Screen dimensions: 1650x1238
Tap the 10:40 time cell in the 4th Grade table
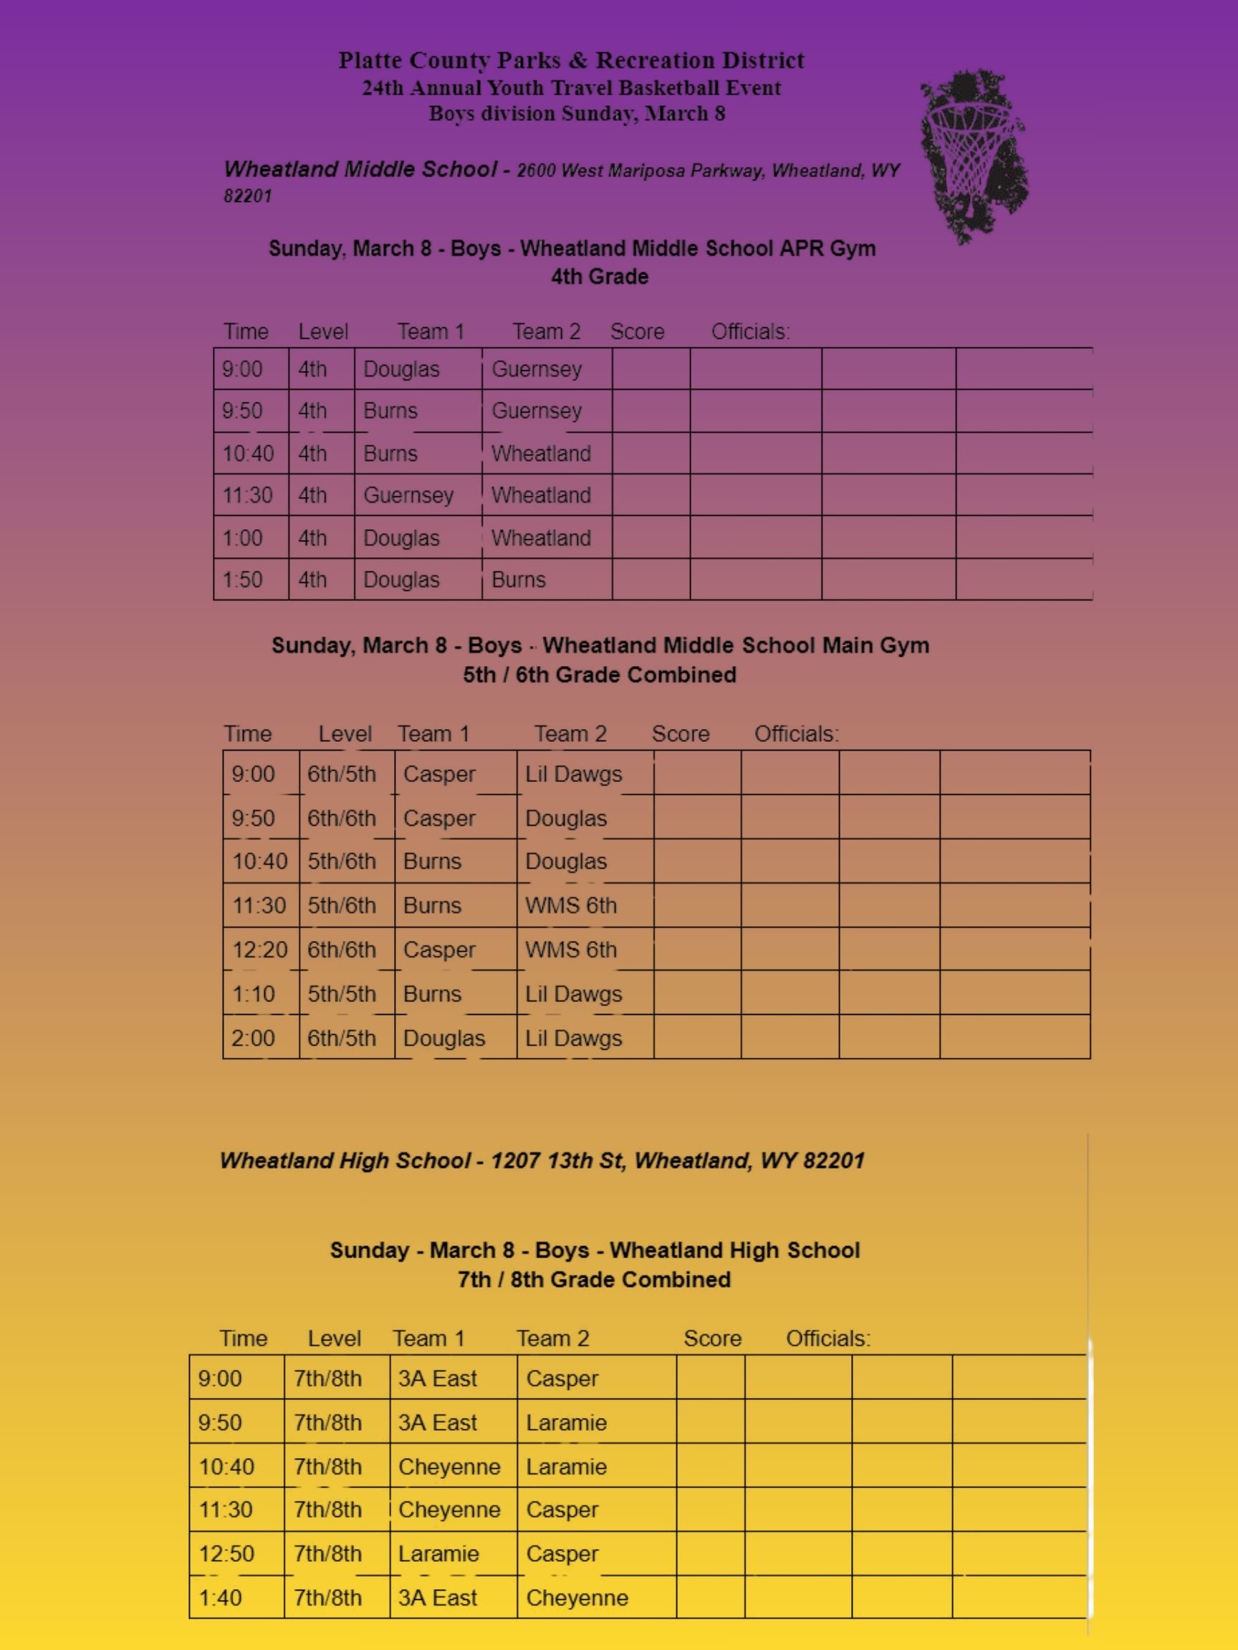[x=248, y=453]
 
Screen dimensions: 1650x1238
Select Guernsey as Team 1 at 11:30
[x=408, y=496]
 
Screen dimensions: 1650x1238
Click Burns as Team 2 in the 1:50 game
[x=519, y=579]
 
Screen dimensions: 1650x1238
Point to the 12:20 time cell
[x=259, y=950]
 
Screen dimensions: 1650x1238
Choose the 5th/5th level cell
[x=342, y=993]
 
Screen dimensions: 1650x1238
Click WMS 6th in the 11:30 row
[x=571, y=905]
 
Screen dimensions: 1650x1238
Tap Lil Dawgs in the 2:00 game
[x=573, y=1038]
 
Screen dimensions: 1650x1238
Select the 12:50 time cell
[x=226, y=1554]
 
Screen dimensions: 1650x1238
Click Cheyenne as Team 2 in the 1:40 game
[x=577, y=1598]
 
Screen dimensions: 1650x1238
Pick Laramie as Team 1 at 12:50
[x=438, y=1554]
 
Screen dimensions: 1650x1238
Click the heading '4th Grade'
[x=599, y=276]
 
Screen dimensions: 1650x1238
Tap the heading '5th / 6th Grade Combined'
[x=599, y=675]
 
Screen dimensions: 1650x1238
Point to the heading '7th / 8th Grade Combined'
[x=594, y=1279]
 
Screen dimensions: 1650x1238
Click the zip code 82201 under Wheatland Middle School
[x=248, y=196]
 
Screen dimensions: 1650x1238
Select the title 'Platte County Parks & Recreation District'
[x=572, y=60]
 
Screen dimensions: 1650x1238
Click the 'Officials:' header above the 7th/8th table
[x=827, y=1338]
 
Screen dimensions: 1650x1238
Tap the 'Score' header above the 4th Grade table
[x=636, y=332]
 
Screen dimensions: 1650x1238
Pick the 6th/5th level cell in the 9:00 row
[x=342, y=774]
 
